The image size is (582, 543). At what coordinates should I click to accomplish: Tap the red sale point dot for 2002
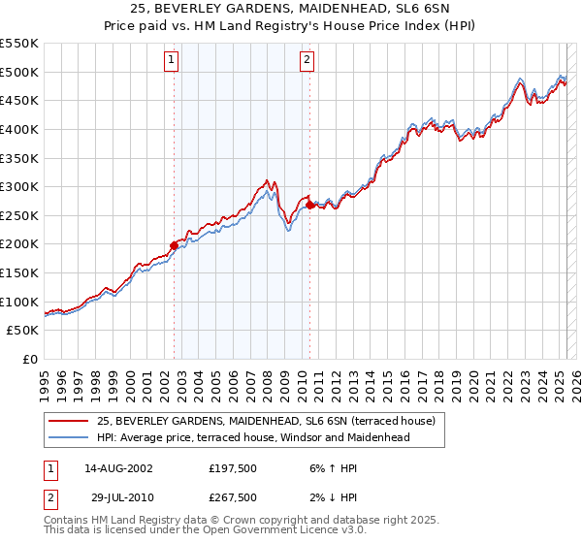coord(175,245)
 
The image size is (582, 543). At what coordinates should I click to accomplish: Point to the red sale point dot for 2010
coord(309,205)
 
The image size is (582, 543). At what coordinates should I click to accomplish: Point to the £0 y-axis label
coord(29,359)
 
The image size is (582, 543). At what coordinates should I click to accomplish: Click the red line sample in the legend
coord(68,421)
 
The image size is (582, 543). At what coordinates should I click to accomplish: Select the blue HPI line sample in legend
coord(68,437)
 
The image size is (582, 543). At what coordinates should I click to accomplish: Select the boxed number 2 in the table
coord(49,497)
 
